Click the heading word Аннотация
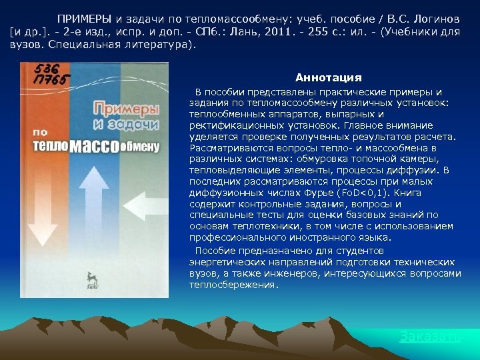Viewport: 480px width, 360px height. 328,78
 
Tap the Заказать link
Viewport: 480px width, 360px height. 430,337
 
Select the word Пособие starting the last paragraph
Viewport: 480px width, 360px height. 214,251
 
